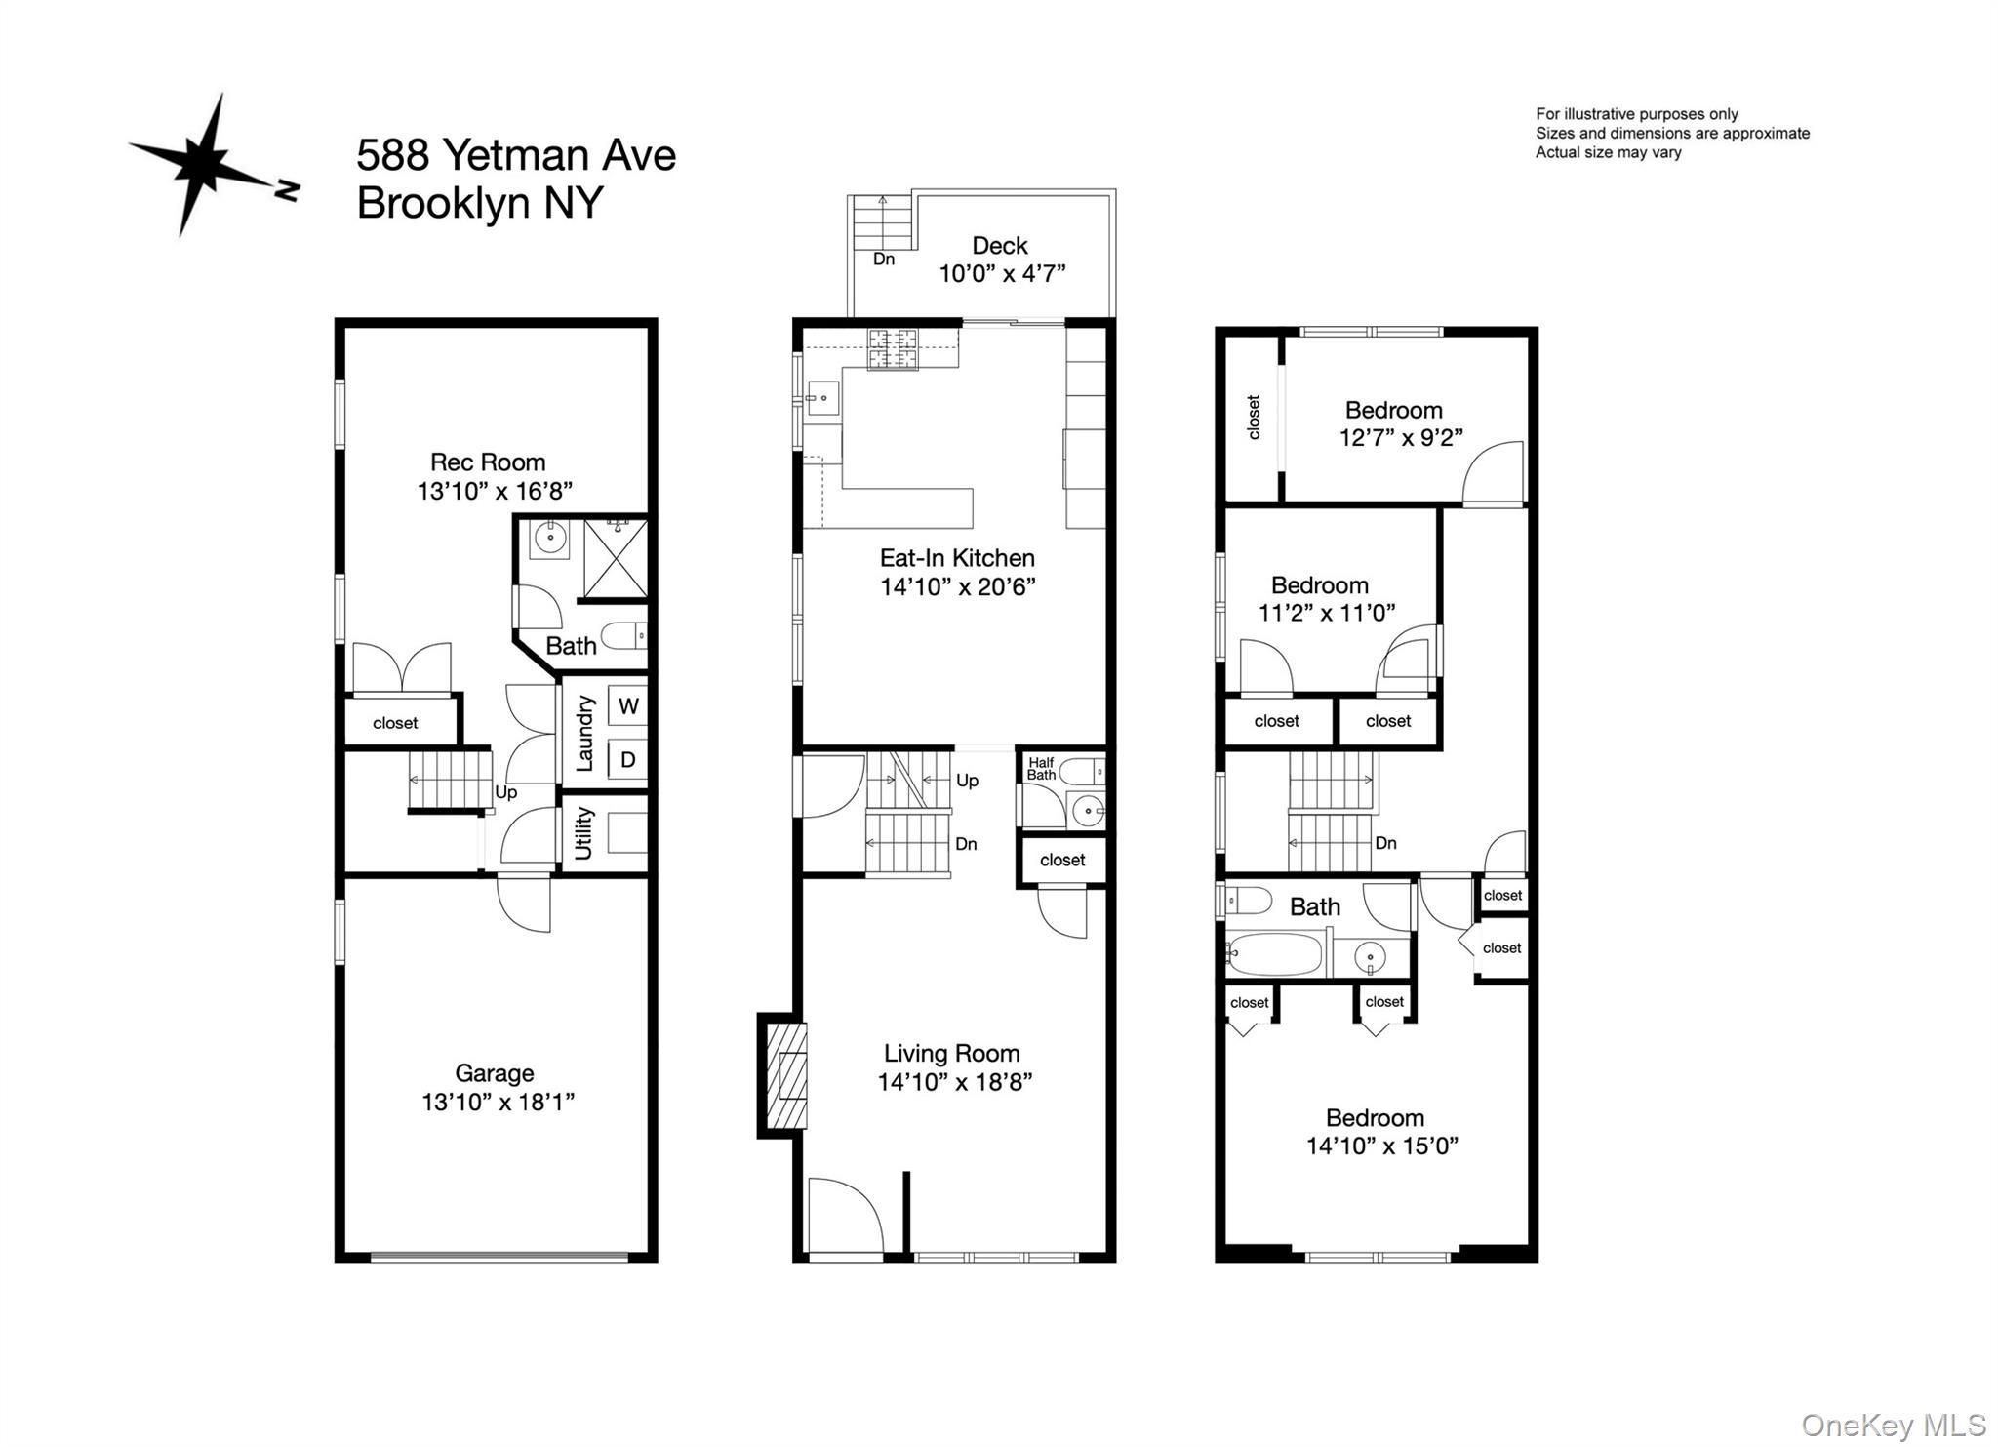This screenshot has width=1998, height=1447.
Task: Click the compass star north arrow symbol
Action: [208, 166]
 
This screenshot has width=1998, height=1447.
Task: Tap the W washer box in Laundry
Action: [628, 706]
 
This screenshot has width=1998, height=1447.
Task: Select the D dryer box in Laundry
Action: [628, 760]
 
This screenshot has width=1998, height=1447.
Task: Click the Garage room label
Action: [495, 1073]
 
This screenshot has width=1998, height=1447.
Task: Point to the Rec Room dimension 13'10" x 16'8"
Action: [495, 491]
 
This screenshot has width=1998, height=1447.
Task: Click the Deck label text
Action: [1000, 246]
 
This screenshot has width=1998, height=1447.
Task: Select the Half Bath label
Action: [1041, 769]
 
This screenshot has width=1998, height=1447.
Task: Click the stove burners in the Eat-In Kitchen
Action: [893, 350]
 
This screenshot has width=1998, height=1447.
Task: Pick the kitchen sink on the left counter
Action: [821, 398]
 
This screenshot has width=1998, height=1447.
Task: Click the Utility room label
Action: [583, 832]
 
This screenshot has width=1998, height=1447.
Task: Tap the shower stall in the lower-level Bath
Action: [615, 558]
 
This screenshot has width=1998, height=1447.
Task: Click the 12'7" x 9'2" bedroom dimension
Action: [1401, 438]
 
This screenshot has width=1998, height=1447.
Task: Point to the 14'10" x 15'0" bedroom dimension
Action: [1381, 1146]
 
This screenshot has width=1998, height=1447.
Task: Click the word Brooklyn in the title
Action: [443, 203]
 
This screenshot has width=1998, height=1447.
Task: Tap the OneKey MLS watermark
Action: [1893, 1426]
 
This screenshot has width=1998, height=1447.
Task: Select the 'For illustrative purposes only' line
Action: [1637, 114]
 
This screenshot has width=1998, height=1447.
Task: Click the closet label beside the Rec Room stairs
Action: [395, 723]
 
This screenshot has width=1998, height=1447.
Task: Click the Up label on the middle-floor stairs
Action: [967, 781]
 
